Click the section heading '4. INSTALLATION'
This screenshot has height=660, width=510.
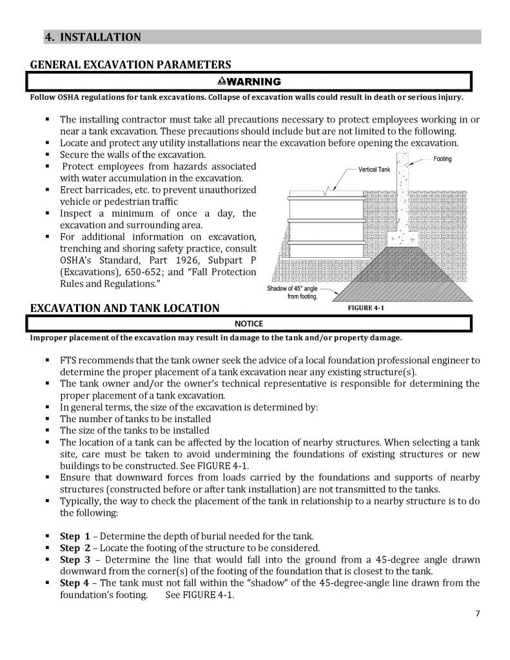pyautogui.click(x=92, y=37)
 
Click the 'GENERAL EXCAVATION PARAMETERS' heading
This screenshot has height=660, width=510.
pyautogui.click(x=130, y=64)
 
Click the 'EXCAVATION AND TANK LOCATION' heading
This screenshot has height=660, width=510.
pyautogui.click(x=124, y=308)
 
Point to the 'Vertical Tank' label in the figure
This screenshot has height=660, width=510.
pyautogui.click(x=375, y=170)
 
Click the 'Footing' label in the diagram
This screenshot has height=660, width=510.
pyautogui.click(x=442, y=159)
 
